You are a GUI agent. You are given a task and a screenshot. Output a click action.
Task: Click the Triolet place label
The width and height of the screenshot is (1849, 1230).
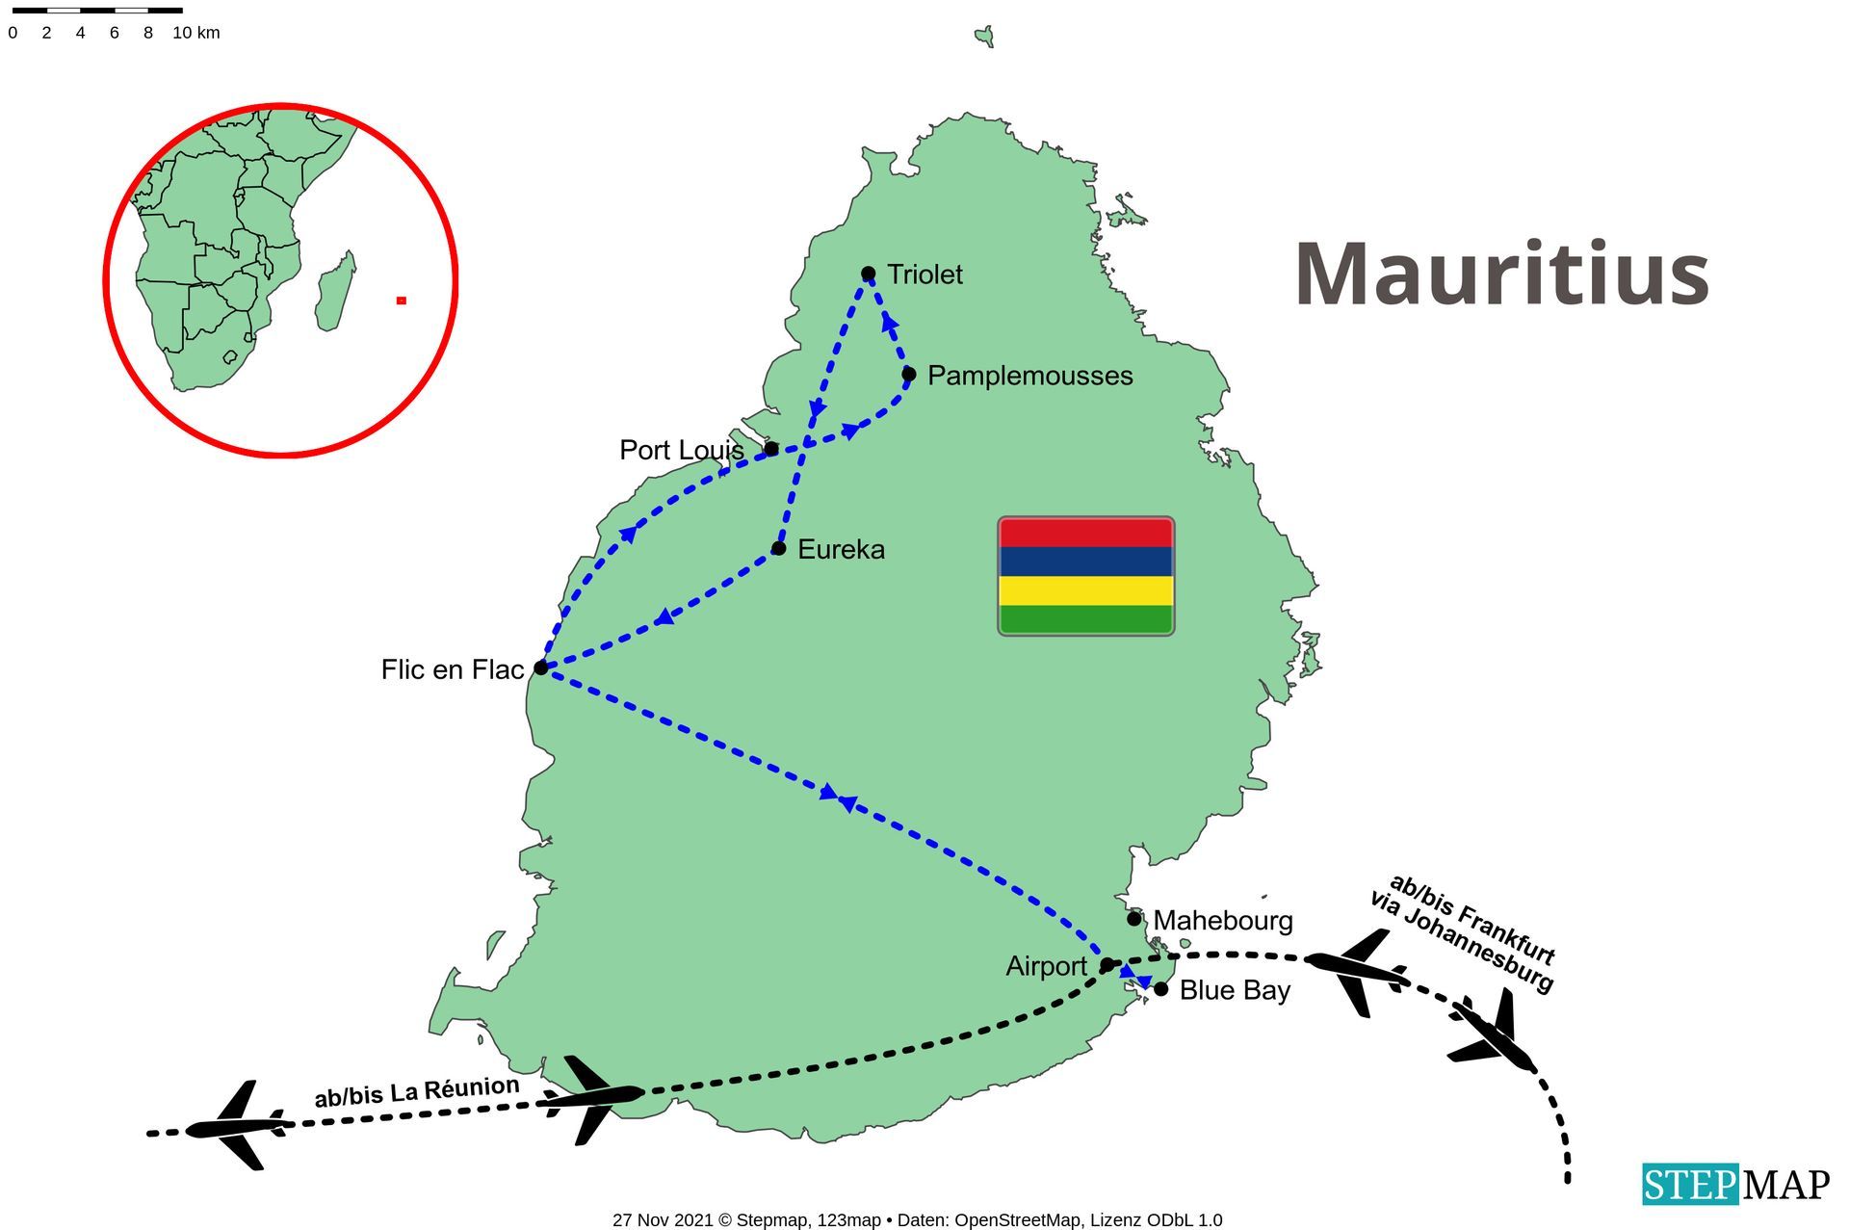(924, 275)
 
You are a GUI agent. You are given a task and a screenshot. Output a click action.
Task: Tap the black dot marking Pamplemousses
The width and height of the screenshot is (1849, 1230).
(908, 374)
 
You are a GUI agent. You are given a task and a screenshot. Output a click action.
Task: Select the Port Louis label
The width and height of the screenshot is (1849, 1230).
(681, 450)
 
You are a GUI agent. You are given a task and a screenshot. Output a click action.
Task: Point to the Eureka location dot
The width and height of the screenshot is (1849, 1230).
(778, 549)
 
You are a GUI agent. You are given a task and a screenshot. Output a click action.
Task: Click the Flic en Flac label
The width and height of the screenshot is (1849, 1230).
(452, 669)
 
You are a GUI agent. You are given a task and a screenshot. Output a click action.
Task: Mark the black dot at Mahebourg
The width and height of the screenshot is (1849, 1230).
(1134, 919)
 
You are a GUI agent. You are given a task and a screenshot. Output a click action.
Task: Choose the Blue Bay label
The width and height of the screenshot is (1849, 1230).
(1235, 990)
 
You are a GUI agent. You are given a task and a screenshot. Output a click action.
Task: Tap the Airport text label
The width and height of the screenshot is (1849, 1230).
(1046, 966)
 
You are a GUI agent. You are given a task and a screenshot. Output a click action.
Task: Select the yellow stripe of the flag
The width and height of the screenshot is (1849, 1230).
(1085, 590)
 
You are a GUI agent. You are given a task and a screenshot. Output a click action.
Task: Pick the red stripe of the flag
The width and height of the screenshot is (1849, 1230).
(1085, 533)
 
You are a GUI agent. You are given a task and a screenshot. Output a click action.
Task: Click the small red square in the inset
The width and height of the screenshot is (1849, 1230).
(402, 301)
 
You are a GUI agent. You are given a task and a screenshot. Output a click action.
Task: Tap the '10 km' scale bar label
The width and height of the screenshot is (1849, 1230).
(196, 33)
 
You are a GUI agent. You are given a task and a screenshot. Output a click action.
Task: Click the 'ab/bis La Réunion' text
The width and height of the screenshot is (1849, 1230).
(416, 1093)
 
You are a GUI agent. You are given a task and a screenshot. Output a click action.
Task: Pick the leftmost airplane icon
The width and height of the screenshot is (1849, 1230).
(237, 1125)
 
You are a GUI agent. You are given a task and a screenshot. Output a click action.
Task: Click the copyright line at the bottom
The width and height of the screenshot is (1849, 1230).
(917, 1220)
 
